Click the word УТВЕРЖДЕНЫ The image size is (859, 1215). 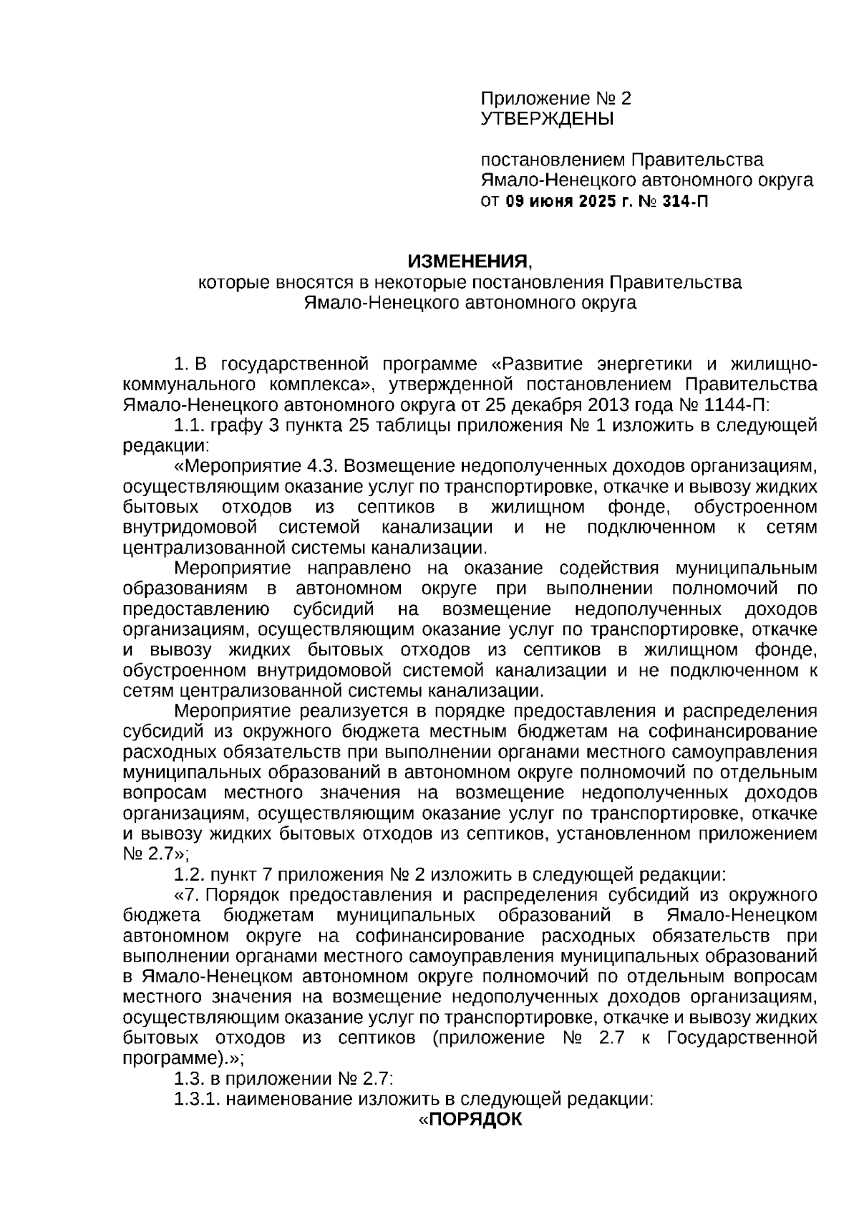tap(547, 119)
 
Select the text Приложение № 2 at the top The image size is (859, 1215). tap(555, 98)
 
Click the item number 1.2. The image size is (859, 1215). tap(190, 874)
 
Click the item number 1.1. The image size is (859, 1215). tap(190, 426)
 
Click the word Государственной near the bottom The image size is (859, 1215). tap(742, 1038)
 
